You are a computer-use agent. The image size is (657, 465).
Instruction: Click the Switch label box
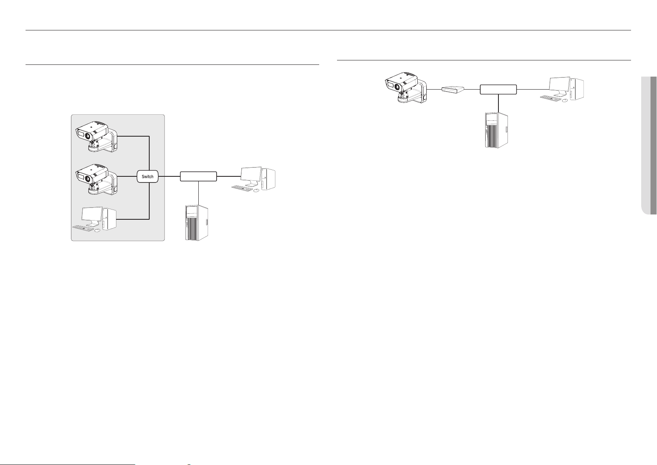[x=148, y=176]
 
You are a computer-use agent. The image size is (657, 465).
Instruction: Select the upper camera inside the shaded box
[x=97, y=137]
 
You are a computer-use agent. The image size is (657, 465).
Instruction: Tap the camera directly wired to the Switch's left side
[x=97, y=180]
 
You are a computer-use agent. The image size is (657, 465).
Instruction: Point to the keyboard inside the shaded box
[x=83, y=228]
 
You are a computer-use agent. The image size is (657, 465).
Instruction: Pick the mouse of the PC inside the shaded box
[x=97, y=230]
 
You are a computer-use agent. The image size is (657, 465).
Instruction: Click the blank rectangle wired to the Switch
[x=198, y=176]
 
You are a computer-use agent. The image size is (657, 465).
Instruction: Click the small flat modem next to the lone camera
[x=453, y=90]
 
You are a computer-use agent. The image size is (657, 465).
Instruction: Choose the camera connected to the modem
[x=406, y=88]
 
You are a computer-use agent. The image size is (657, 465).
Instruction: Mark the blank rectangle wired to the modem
[x=498, y=90]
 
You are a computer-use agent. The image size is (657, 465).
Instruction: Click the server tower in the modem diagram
[x=496, y=130]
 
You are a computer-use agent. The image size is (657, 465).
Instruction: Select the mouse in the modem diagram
[x=565, y=100]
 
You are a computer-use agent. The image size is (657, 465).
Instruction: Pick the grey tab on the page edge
[x=649, y=146]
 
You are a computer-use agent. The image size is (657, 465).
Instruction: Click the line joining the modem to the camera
[x=434, y=89]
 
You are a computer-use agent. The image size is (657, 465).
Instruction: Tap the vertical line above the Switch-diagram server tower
[x=199, y=193]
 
